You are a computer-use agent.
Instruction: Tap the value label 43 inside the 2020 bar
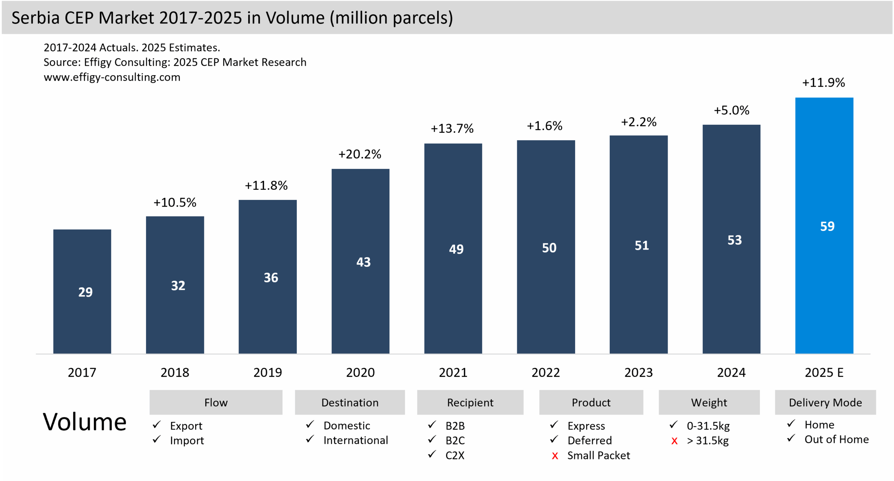point(363,262)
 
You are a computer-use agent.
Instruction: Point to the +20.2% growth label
point(360,154)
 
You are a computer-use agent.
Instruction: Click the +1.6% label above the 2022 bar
point(544,126)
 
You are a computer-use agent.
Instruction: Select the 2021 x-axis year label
point(453,372)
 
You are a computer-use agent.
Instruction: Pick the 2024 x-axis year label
point(731,372)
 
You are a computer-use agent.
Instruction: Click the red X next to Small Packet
point(555,456)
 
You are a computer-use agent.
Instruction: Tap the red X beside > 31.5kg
point(674,441)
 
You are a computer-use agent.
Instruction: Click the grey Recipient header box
point(470,402)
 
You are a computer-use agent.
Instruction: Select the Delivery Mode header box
point(825,402)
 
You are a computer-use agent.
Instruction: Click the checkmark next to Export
point(156,425)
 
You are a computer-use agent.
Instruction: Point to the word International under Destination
point(356,440)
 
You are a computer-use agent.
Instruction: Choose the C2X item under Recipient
point(455,455)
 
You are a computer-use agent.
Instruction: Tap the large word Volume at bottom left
point(85,422)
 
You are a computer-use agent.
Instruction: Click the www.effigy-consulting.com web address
point(112,77)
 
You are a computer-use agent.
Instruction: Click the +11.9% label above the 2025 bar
point(823,82)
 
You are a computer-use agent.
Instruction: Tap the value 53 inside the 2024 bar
point(734,240)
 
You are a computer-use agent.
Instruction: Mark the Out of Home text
point(836,439)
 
